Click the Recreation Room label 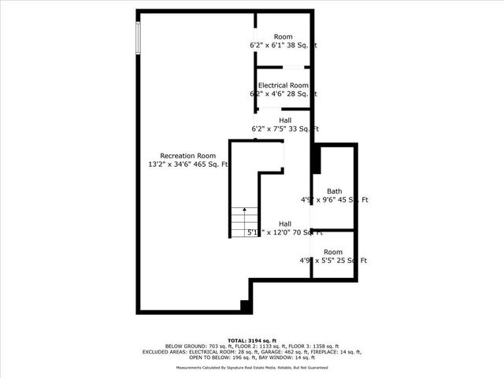click(187, 155)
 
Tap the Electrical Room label click(283, 85)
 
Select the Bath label click(335, 191)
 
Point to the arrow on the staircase click(244, 211)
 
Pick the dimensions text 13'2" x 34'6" click(174, 165)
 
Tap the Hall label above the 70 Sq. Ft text click(261, 224)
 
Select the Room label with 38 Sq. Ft click(283, 37)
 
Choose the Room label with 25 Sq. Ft click(333, 252)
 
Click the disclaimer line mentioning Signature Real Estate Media click(252, 367)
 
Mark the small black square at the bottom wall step click(245, 306)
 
